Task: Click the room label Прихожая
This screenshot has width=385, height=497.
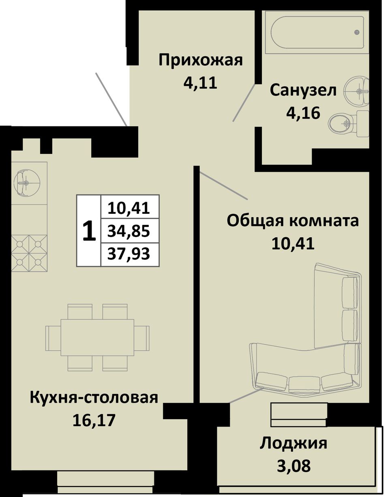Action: coord(201,61)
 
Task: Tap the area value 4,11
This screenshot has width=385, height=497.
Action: coord(200,83)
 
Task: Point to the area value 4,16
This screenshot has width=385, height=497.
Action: coord(303,113)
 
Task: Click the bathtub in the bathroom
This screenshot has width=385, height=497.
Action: coord(317,32)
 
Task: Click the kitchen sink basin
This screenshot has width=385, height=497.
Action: coord(26,183)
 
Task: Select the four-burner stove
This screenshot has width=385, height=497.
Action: coord(29,253)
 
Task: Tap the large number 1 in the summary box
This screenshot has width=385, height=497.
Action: coord(89,231)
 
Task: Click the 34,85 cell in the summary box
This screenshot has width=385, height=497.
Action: coord(129,231)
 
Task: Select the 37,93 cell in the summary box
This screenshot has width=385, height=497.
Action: coord(129,254)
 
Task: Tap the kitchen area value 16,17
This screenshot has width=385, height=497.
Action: coord(94,420)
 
